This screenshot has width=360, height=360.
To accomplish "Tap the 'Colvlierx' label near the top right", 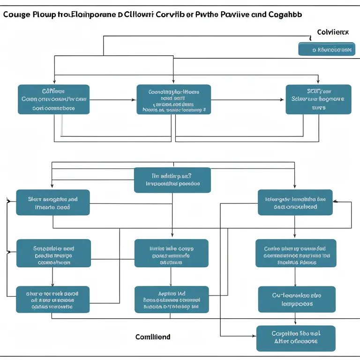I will click(333, 32).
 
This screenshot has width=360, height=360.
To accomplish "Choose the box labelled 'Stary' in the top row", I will click(318, 99).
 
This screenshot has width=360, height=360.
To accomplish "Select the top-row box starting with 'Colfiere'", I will click(53, 99).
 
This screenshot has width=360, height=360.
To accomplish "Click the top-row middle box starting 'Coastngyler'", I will click(173, 99).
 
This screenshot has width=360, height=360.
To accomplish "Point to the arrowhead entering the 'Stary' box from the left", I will click(283, 99).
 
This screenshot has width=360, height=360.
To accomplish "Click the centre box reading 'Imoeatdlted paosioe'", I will click(172, 180).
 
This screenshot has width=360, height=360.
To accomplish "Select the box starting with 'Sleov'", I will click(52, 202).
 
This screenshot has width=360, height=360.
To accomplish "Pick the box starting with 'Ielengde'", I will click(295, 202).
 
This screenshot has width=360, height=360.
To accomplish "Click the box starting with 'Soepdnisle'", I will click(53, 253).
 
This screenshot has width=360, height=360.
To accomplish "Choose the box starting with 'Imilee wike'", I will click(171, 253).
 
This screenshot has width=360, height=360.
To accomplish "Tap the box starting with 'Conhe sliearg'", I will click(296, 253).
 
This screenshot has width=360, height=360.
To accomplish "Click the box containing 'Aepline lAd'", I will click(171, 300).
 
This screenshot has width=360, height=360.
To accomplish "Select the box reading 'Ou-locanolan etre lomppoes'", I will click(296, 300).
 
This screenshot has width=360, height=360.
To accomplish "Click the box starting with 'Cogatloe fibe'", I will click(296, 338).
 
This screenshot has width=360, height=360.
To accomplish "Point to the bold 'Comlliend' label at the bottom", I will click(153, 337).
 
